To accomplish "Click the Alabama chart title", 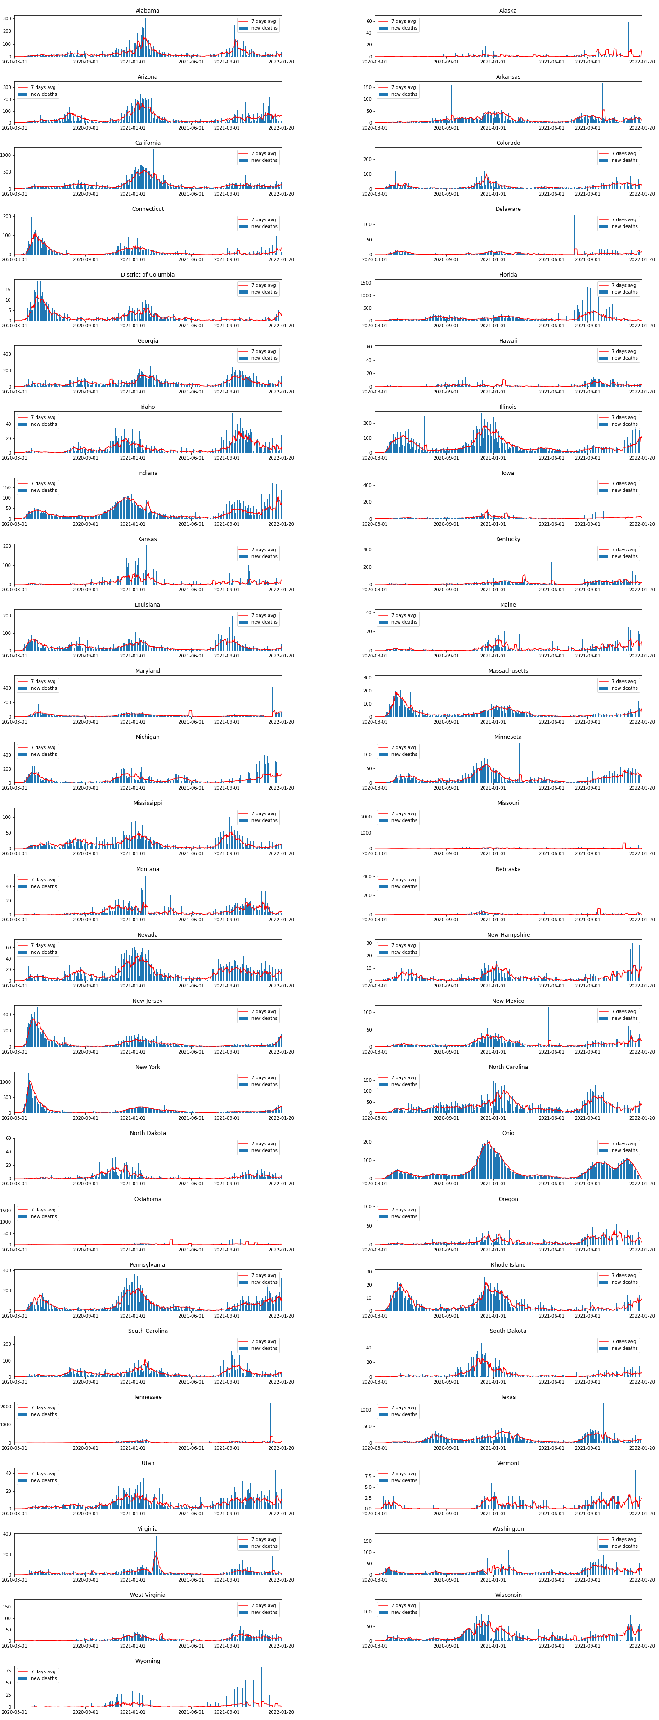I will click(148, 11).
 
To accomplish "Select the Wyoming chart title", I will click(148, 1661).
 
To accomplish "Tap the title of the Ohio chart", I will click(508, 1133).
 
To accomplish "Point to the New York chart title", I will click(148, 1067).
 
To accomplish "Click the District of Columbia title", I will click(148, 274).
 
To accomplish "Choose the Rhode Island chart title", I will click(508, 1264).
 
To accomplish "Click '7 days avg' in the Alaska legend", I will click(404, 22).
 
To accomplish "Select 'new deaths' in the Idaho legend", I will click(44, 424).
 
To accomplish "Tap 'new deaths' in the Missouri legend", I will click(404, 821).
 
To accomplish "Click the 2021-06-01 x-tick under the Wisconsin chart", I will click(551, 1646).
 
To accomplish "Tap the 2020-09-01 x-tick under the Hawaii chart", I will click(446, 392).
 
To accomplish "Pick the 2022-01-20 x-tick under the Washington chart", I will click(641, 1580).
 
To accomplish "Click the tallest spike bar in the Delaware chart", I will click(574, 216).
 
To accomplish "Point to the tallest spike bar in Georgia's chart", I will click(110, 348).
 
